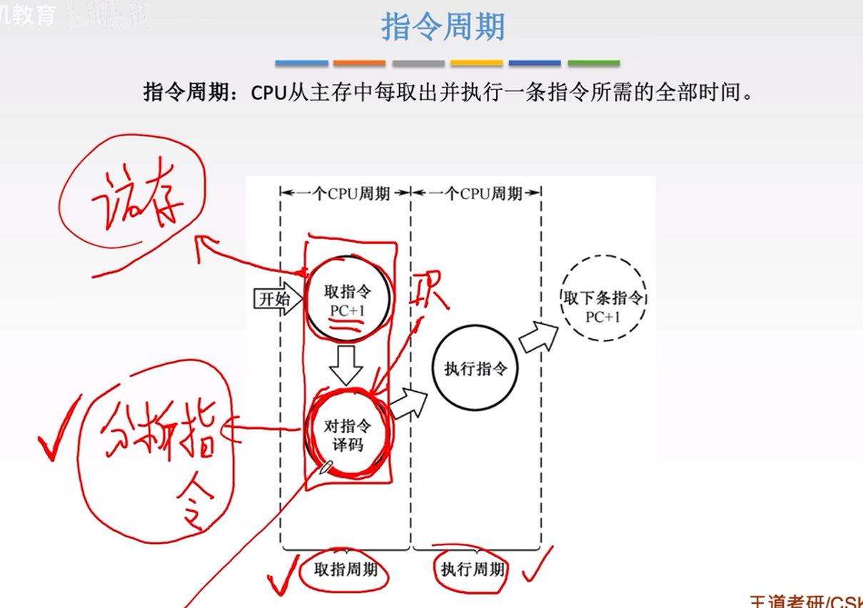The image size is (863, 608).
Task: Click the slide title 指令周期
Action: tap(443, 27)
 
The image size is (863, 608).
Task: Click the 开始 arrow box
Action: tap(273, 298)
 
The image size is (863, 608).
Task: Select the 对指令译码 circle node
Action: tap(348, 435)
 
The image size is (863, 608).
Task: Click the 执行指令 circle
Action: tap(476, 368)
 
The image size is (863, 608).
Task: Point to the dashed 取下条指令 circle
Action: tap(604, 298)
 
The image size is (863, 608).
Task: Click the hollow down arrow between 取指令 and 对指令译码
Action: tap(347, 366)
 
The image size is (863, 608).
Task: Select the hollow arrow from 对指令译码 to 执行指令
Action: tap(409, 405)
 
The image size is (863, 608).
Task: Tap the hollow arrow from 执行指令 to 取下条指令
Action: tap(539, 336)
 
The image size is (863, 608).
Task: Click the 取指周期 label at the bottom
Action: tap(346, 569)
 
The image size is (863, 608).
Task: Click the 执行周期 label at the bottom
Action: tap(473, 569)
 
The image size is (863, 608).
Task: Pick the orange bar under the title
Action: tap(359, 64)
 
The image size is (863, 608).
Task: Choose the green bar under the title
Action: tap(593, 64)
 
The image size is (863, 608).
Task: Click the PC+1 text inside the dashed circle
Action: tap(603, 317)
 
